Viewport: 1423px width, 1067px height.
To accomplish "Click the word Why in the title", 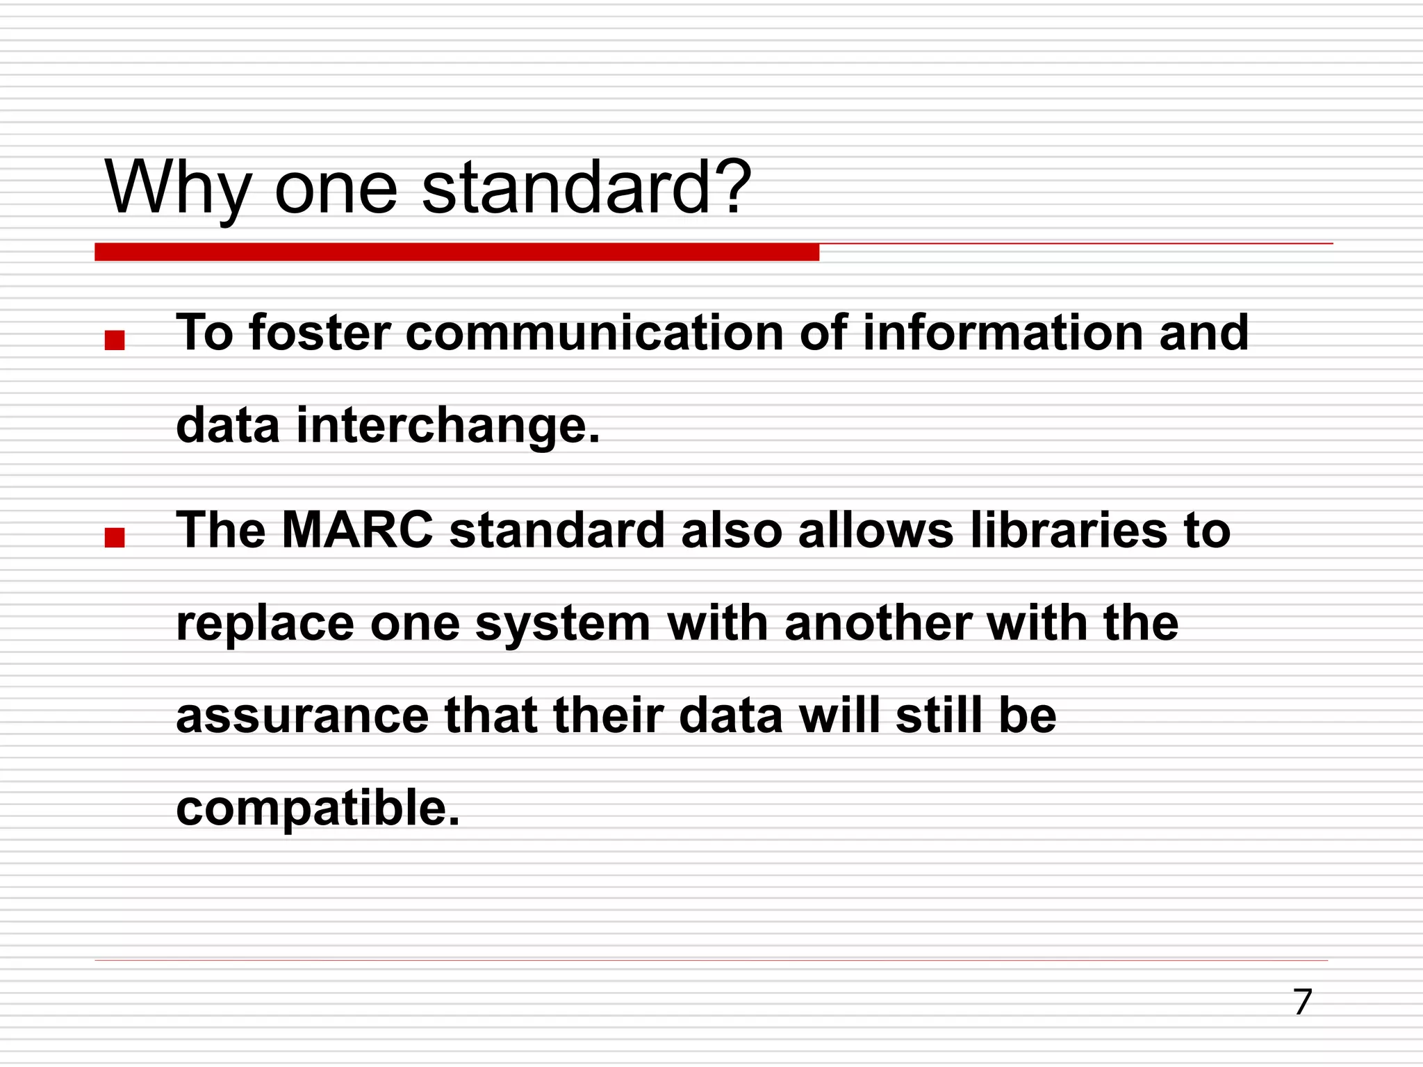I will click(x=178, y=188).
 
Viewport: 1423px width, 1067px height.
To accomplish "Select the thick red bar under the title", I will click(x=456, y=252).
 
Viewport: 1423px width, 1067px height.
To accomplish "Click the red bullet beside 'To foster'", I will click(x=114, y=340).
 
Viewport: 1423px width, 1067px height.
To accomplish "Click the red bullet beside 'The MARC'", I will click(x=114, y=538).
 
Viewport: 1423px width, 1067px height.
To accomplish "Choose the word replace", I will click(x=265, y=624).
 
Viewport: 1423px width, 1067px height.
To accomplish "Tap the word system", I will click(x=562, y=624).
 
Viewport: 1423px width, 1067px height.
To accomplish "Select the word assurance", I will click(x=302, y=716).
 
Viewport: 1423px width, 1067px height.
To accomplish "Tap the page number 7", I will click(x=1302, y=1002).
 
